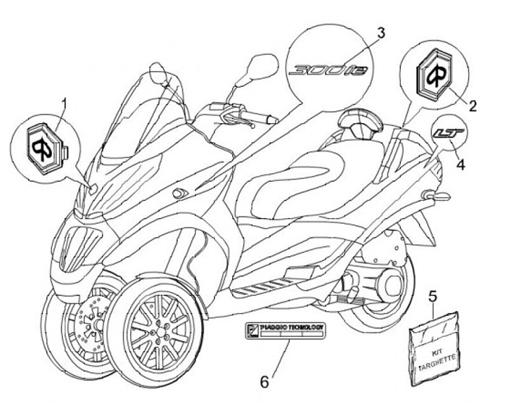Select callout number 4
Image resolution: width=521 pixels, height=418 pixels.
click(460, 164)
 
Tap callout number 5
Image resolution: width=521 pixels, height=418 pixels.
click(433, 296)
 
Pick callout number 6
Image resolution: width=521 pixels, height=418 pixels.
click(264, 380)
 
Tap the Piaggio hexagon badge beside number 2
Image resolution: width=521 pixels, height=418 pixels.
click(439, 72)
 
